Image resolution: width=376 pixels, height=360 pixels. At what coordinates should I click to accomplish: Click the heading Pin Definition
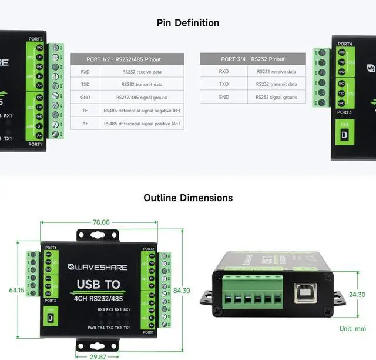[x=188, y=23]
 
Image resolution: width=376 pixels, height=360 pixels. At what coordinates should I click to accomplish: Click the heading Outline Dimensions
[x=188, y=198]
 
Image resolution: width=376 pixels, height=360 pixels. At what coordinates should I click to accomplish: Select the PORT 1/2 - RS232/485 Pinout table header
[x=127, y=59]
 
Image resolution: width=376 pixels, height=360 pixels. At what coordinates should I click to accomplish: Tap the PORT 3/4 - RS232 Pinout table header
[x=253, y=59]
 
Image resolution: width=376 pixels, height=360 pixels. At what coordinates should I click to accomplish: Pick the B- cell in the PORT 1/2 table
[x=85, y=110]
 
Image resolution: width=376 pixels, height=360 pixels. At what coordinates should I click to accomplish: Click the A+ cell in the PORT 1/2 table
[x=85, y=124]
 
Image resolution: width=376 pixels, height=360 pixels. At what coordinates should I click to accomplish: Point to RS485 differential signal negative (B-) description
[x=142, y=110]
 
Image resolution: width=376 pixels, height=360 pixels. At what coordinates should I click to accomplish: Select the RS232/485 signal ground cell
[x=142, y=97]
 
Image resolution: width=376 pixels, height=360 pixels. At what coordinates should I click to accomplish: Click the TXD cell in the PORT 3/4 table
[x=224, y=84]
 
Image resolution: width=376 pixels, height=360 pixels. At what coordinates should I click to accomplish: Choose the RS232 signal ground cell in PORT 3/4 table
[x=277, y=97]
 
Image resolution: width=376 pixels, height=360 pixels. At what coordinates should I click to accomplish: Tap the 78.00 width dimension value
[x=101, y=222]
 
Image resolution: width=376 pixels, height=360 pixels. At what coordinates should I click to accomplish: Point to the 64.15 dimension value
[x=17, y=290]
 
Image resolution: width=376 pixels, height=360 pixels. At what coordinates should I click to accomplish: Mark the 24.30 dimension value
[x=357, y=294]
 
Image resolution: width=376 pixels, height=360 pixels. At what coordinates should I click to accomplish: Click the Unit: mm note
[x=352, y=329]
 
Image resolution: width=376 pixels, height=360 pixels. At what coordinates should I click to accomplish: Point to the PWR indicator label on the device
[x=92, y=327]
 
